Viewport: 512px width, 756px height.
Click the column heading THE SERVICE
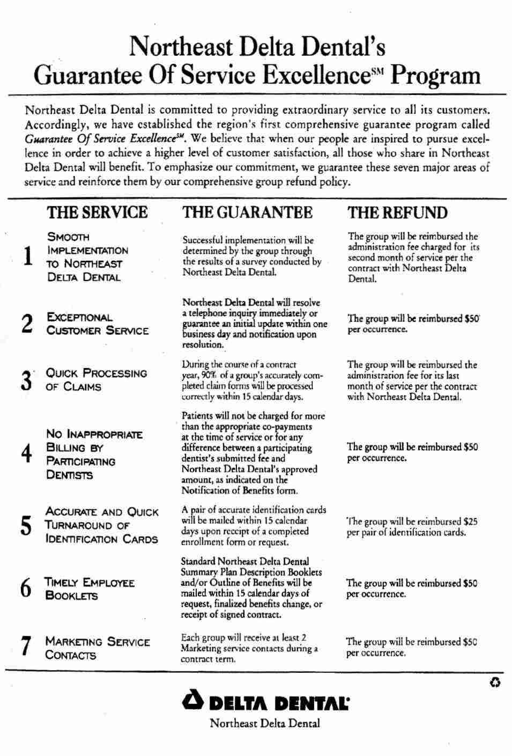tap(97, 212)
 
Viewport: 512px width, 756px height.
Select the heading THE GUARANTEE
tap(247, 212)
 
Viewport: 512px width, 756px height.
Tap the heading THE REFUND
tap(397, 212)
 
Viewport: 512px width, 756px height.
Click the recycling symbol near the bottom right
tap(495, 682)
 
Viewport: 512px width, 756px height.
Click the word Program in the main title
tap(436, 75)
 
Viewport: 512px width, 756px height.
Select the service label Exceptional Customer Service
tap(98, 324)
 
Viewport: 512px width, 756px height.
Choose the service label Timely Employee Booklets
tap(90, 589)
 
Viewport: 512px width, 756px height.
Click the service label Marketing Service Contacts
tap(98, 648)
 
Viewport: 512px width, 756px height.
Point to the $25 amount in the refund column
tap(469, 522)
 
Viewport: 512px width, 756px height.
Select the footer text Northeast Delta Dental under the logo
tap(264, 723)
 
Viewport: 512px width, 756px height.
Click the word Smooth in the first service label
tap(69, 237)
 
